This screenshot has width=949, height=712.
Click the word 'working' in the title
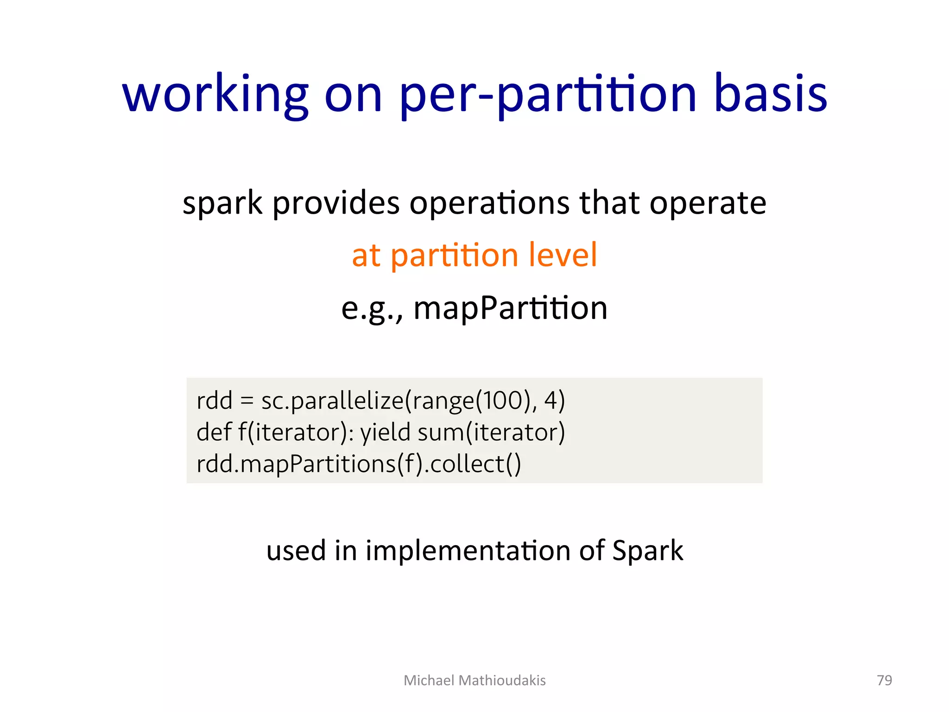[215, 95]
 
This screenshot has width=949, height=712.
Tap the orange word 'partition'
[454, 256]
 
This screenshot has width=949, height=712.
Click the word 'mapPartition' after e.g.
[510, 308]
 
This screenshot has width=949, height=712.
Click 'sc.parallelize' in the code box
[332, 400]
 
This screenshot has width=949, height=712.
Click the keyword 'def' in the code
[214, 432]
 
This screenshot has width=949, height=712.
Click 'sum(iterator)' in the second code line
[491, 432]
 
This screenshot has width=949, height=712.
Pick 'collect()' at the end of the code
[475, 464]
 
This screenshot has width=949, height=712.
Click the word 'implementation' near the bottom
[468, 551]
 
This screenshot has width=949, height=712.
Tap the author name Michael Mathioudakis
[474, 680]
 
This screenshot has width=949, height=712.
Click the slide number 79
[884, 680]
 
